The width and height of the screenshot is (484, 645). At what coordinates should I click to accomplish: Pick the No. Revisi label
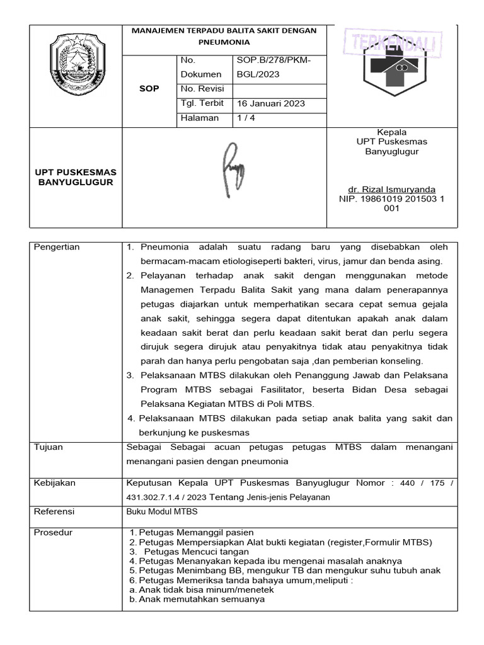coord(198,89)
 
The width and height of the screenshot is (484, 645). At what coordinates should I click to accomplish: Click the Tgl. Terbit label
coord(199,103)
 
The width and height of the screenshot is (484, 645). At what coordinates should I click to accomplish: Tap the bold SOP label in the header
coord(149,89)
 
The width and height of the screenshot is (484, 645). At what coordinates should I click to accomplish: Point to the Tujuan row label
coord(49,447)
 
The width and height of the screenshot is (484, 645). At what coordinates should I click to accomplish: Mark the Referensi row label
coord(54,511)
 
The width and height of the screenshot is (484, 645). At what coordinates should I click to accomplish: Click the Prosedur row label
coord(53,532)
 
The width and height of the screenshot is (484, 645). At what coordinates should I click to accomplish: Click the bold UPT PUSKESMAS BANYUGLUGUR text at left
coord(75,177)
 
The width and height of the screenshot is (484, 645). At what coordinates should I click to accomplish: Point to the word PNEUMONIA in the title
coord(224,42)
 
